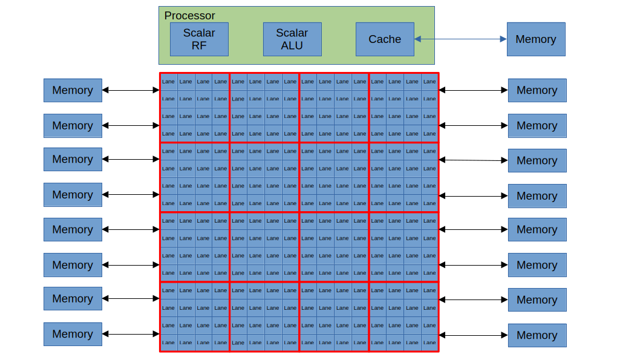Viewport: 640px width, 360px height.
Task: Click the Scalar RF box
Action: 199,39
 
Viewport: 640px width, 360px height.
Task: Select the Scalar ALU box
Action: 292,39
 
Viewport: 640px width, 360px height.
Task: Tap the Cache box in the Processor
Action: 385,39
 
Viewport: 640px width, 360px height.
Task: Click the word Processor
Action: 189,16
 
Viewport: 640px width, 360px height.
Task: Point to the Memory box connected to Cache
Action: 535,39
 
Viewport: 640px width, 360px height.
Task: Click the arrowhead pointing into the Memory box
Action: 503,39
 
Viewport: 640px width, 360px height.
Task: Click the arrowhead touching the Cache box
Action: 418,39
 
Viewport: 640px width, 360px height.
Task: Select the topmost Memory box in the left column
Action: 73,90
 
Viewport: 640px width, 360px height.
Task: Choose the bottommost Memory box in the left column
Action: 73,334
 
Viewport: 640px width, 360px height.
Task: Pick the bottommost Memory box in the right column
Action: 537,335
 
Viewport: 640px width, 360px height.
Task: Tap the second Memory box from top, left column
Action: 73,126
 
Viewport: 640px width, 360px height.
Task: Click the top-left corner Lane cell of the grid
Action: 169,82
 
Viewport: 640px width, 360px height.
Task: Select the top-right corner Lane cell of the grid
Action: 429,82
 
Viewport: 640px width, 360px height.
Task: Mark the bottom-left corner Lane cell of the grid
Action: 169,342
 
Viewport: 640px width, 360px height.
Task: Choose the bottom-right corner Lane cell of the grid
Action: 429,342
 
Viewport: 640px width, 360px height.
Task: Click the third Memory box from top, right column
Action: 537,160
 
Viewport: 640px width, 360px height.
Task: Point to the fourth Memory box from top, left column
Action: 73,195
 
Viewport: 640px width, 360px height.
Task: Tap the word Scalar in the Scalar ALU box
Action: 292,33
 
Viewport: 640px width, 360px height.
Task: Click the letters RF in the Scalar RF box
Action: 199,45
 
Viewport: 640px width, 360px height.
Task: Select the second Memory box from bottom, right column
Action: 537,300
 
